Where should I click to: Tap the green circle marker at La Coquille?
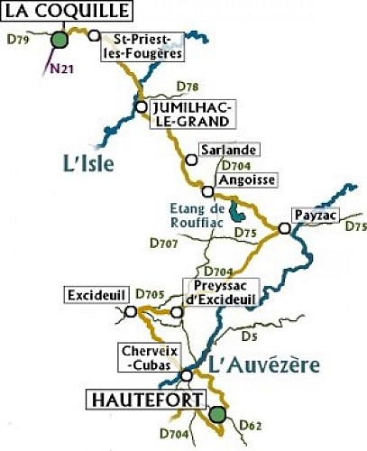(x=60, y=39)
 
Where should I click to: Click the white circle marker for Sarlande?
(x=190, y=160)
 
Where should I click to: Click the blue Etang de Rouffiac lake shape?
(x=235, y=213)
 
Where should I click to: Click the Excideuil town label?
(x=95, y=296)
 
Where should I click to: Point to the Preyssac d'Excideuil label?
(x=220, y=291)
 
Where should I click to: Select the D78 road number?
(x=188, y=87)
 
